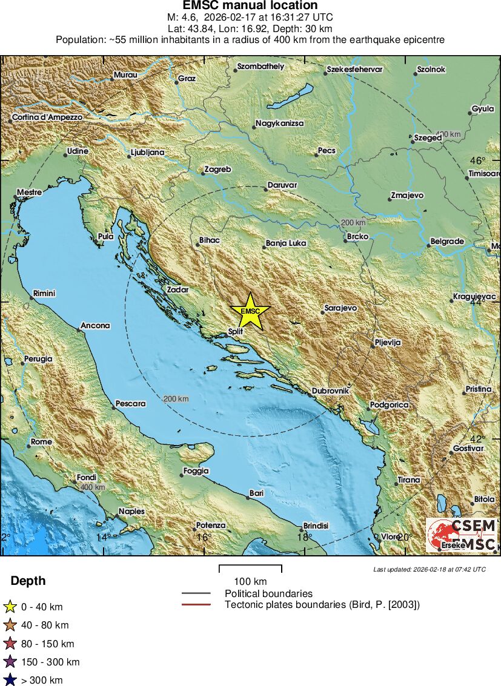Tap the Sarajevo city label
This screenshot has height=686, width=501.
[340, 308]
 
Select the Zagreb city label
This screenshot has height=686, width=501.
[218, 170]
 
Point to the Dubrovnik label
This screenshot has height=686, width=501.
[331, 391]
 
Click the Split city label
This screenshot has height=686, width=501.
[235, 332]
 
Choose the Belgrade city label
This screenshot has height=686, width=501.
[446, 242]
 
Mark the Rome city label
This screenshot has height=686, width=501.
[41, 442]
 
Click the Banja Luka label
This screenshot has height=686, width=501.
[286, 243]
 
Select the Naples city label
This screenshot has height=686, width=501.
[131, 511]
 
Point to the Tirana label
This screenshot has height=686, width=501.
[408, 480]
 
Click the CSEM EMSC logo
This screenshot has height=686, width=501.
[462, 535]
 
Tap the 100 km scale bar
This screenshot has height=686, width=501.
[250, 569]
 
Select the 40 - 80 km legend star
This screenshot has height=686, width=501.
[10, 625]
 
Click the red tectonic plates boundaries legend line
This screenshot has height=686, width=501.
[196, 604]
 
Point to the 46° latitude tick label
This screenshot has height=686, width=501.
[479, 161]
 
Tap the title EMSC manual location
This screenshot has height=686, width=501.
[250, 5]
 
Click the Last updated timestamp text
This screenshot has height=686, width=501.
[429, 569]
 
